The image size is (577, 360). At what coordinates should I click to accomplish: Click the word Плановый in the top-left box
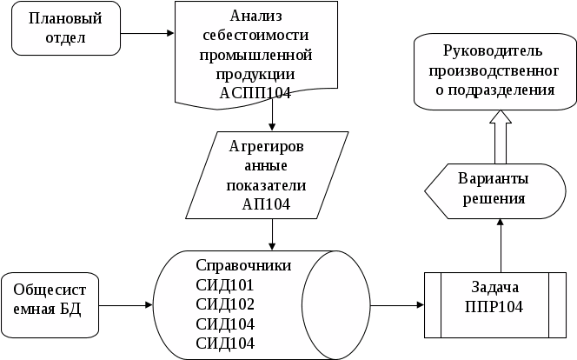pos(65,18)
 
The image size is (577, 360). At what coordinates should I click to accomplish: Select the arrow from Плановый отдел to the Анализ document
pos(147,33)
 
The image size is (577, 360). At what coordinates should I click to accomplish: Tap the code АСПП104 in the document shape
pos(255,93)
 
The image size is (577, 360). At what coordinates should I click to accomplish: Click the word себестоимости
pos(255,36)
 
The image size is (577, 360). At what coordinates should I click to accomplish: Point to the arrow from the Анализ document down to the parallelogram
pos(272,115)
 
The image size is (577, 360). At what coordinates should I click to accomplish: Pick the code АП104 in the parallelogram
pos(266,204)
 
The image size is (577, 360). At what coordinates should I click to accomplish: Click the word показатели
pos(266,185)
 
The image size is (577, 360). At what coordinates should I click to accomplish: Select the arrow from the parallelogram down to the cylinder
pos(272,235)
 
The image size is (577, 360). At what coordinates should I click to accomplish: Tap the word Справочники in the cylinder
pos(243,265)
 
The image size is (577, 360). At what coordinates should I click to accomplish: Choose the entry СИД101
pos(225,285)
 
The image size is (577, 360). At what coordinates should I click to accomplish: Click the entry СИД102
pos(225,304)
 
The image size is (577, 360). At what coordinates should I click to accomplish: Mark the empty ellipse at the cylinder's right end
pos(336,305)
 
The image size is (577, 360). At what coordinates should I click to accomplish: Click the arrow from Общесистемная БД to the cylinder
pos(125,305)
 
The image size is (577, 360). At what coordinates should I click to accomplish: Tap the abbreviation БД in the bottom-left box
pos(70,309)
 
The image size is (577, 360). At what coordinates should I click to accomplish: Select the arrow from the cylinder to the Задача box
pos(397,305)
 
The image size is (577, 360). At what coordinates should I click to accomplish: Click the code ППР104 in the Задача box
pos(494,307)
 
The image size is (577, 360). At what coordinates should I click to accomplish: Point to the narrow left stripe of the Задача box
pos(433,305)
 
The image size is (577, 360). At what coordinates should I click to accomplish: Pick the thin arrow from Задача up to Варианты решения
pos(501,245)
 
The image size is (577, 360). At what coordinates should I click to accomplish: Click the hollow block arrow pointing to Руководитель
pos(501,137)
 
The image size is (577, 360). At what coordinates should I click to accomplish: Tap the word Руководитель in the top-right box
pos(493,50)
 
